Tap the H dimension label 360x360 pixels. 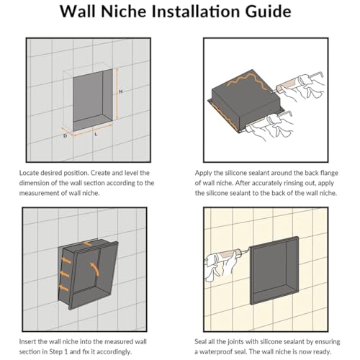click(121, 91)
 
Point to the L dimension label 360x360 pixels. click(96, 134)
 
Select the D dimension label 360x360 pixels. click(65, 136)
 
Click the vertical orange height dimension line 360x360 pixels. click(117, 94)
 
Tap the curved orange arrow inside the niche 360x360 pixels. click(95, 269)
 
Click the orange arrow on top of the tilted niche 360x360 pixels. click(87, 244)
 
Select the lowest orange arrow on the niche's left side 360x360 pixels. click(64, 288)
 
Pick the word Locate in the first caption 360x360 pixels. click(29, 173)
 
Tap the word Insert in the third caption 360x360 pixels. click(28, 341)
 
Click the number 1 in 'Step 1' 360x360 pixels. click(66, 352)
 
